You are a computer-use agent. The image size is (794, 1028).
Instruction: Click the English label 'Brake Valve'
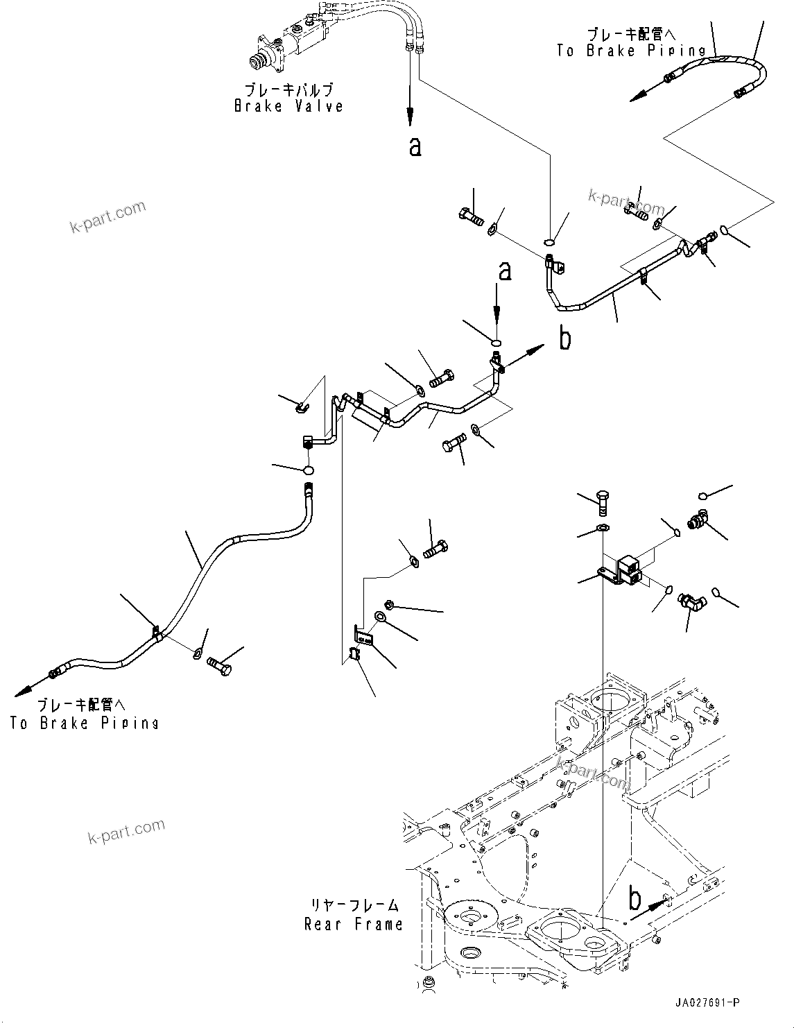[x=288, y=106]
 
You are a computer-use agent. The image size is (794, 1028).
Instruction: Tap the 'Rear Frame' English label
[x=353, y=924]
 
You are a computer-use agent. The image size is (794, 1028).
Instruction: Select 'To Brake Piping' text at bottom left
[x=84, y=723]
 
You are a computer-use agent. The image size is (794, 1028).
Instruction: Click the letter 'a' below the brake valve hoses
[x=415, y=146]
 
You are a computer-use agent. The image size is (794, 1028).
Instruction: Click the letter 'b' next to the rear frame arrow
[x=634, y=900]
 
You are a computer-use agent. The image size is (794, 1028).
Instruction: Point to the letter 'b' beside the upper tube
[x=565, y=339]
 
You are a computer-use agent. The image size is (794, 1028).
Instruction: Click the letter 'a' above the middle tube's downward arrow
[x=505, y=271]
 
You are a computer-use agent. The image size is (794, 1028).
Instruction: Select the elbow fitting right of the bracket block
[x=691, y=601]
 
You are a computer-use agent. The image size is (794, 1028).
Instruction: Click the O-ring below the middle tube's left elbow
[x=308, y=471]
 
